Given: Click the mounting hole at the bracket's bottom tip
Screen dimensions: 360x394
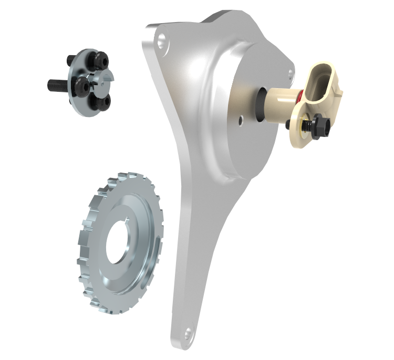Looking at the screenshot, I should click(x=186, y=333).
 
